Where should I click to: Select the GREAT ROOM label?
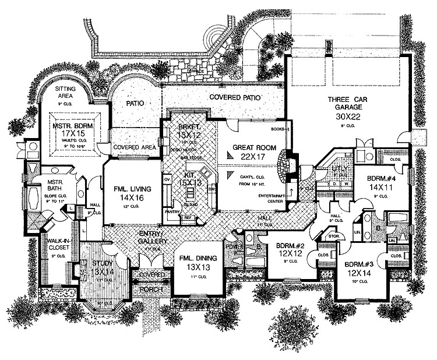[249, 147]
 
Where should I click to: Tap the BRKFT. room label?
[189, 126]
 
